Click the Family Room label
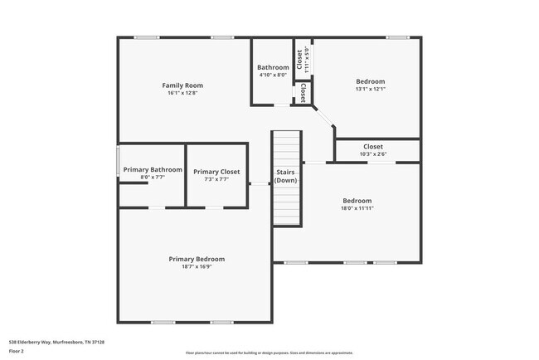pos(182,85)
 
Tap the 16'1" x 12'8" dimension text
pos(182,93)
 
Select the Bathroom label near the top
pos(273,67)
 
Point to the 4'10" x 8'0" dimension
pos(273,75)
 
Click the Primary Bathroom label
pos(153,169)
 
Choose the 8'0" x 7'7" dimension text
pos(153,177)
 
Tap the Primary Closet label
pos(216,172)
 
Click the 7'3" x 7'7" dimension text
pos(216,179)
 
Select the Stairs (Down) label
pos(286,176)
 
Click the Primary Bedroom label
pos(197,259)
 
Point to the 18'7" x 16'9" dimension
pos(197,266)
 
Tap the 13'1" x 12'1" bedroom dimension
pos(371,89)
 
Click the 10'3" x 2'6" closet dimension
pos(373,153)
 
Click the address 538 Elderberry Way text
pos(56,341)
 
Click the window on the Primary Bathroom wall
pos(118,162)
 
